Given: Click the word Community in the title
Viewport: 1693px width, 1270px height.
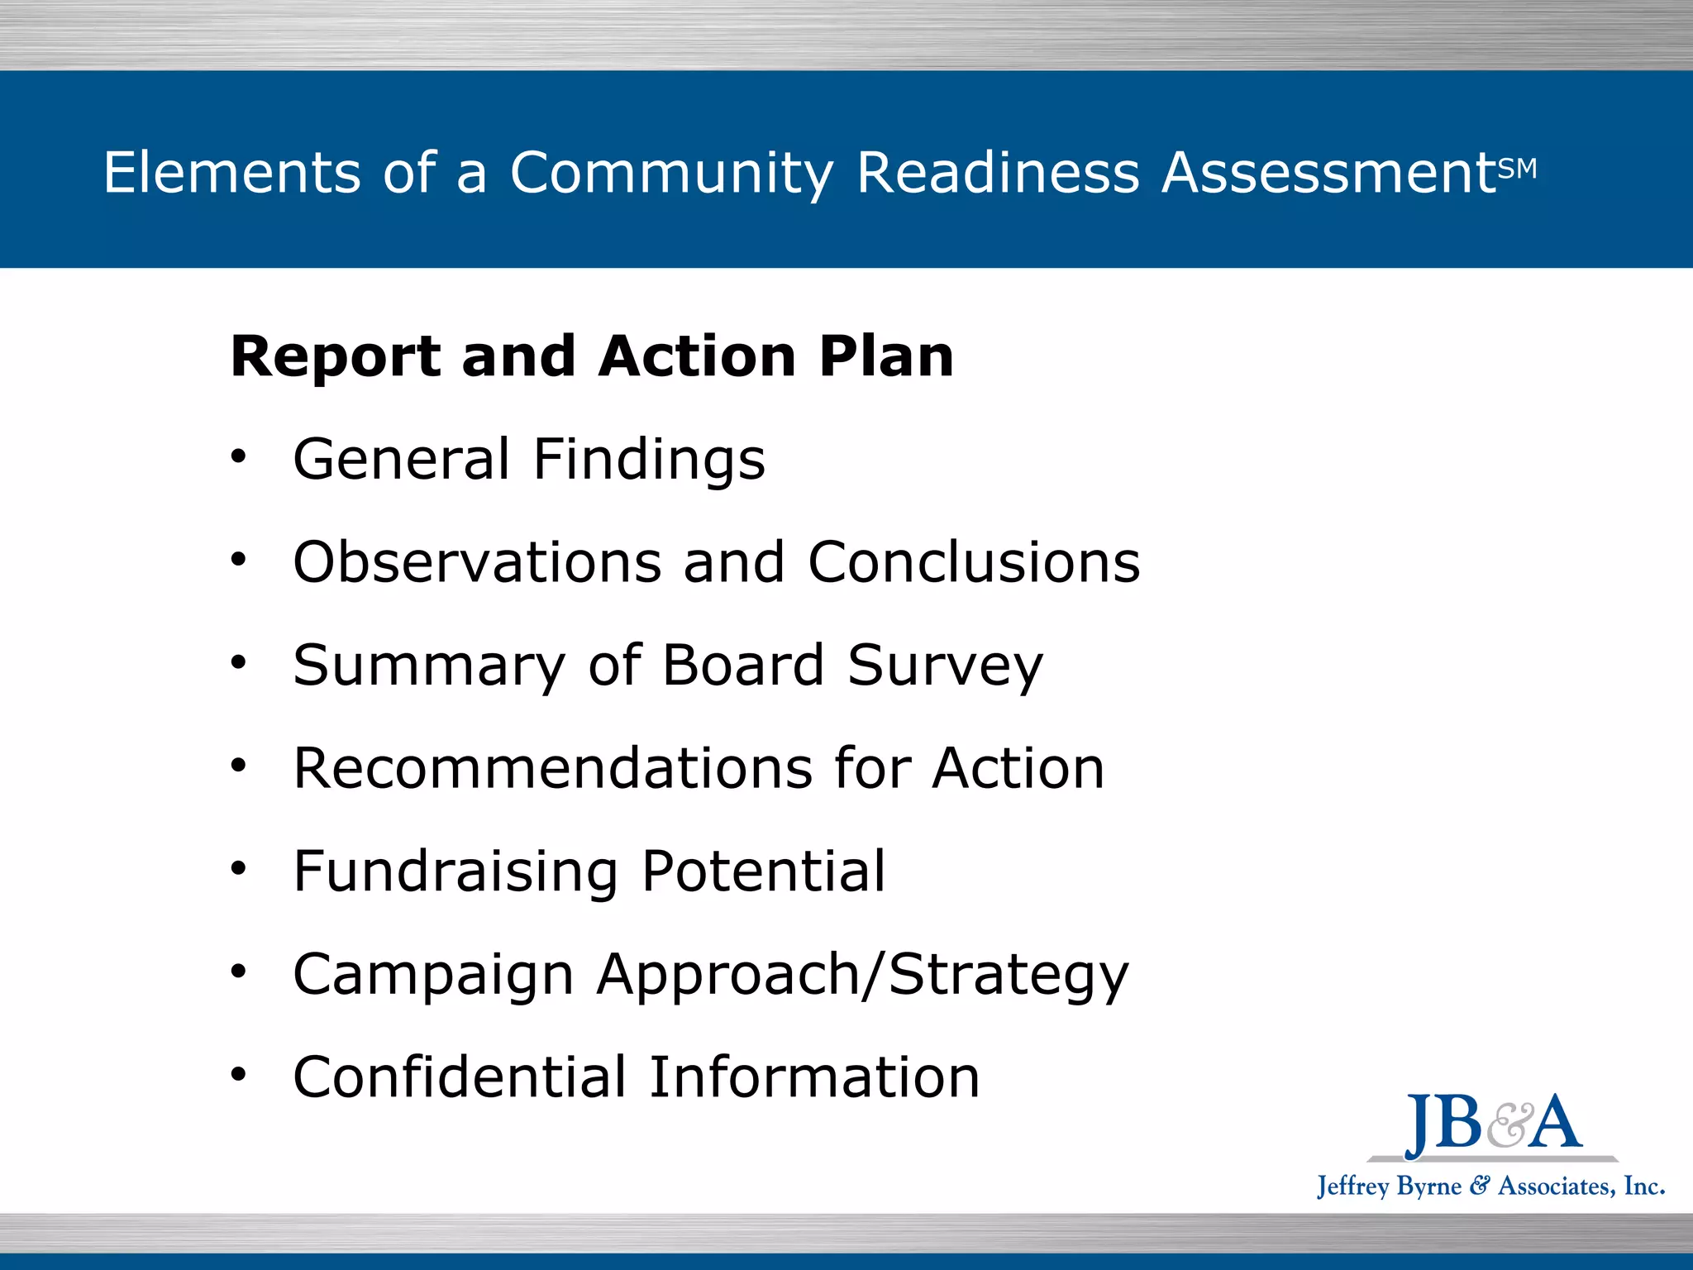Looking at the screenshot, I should pyautogui.click(x=671, y=174).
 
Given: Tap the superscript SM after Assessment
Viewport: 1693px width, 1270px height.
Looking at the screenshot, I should pyautogui.click(x=1517, y=169).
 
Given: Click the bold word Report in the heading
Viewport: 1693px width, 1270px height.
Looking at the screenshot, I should pyautogui.click(x=335, y=357).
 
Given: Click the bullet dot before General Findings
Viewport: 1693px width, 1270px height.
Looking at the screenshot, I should pyautogui.click(x=239, y=456).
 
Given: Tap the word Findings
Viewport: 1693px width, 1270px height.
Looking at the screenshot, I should pyautogui.click(x=649, y=460).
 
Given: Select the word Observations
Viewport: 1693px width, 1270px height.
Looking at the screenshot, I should pyautogui.click(x=477, y=562).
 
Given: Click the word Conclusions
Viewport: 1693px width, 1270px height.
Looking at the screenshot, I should pyautogui.click(x=974, y=562).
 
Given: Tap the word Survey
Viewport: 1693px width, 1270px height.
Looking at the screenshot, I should pyautogui.click(x=945, y=666).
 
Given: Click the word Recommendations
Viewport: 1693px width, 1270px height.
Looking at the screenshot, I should pyautogui.click(x=553, y=768).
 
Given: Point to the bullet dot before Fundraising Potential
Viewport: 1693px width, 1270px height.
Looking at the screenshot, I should pyautogui.click(x=239, y=868).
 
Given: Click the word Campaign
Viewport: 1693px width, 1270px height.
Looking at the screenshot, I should pyautogui.click(x=433, y=976).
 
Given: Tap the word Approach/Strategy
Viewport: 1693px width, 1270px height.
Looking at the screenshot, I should pyautogui.click(x=862, y=976).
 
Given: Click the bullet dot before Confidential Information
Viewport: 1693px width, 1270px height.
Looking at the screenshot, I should pyautogui.click(x=239, y=1074).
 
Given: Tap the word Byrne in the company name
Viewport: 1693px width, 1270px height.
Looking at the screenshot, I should pyautogui.click(x=1428, y=1186).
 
